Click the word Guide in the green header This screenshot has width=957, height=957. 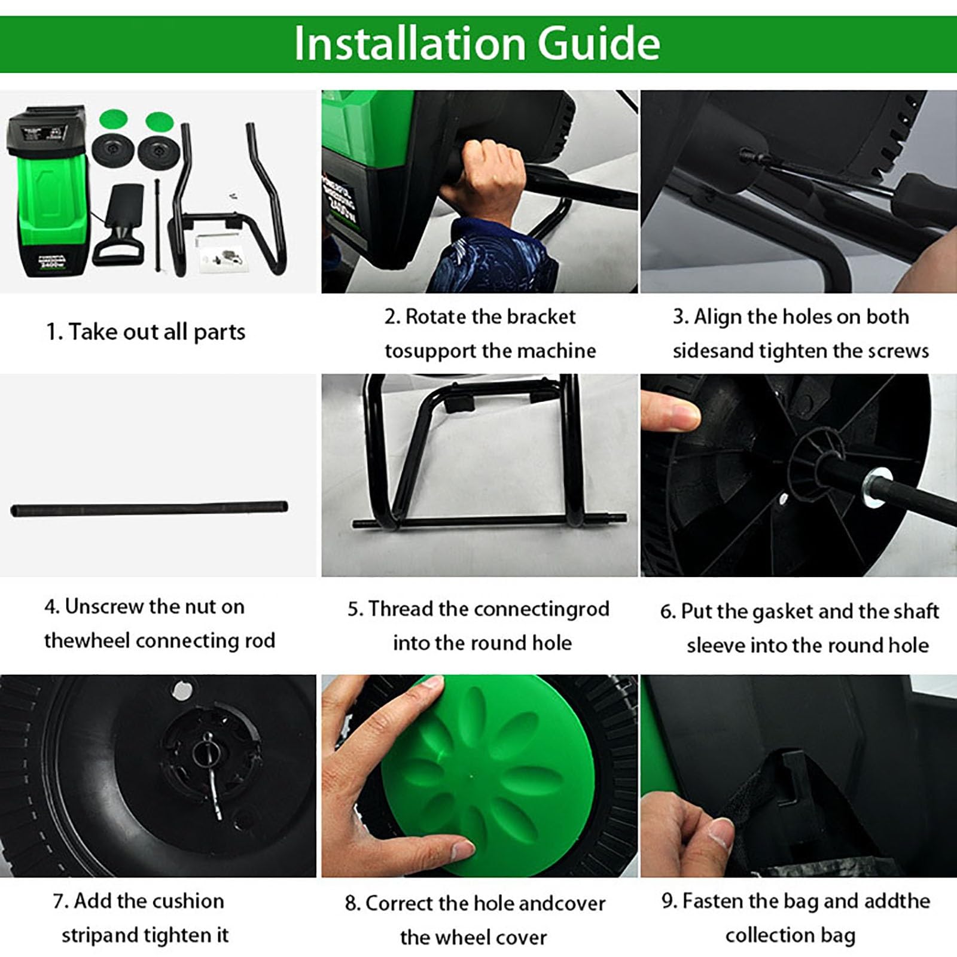click(x=598, y=43)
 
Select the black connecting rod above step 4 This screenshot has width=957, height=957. click(x=149, y=509)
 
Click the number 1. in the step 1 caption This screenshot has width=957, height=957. click(x=54, y=332)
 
